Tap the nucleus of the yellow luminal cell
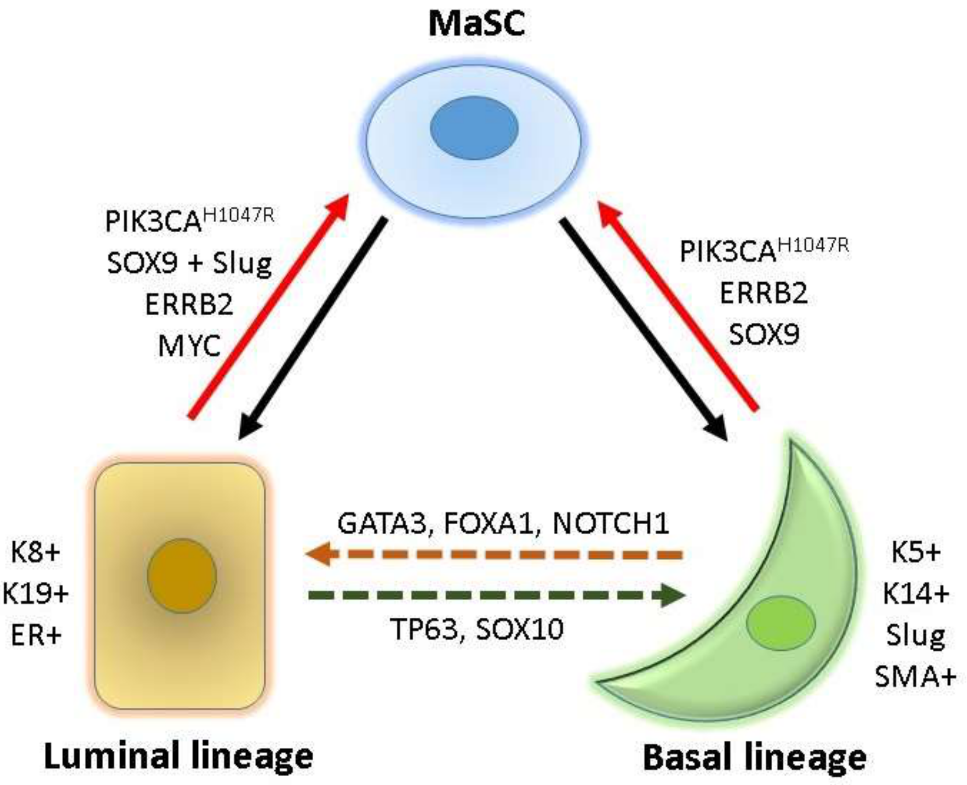click(x=182, y=576)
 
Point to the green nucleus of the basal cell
click(x=781, y=623)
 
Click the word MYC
click(x=190, y=346)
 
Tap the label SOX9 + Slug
click(x=190, y=263)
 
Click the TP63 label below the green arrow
click(x=424, y=629)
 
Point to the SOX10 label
click(x=519, y=629)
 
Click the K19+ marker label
click(x=35, y=593)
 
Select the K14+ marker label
click(x=916, y=593)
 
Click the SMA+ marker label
click(x=916, y=677)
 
